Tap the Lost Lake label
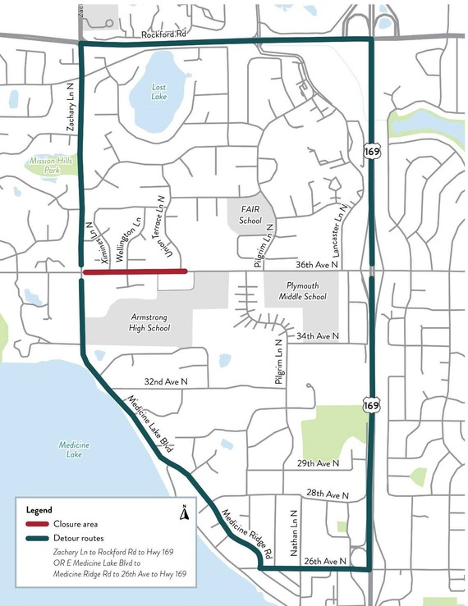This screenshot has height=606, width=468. (158, 91)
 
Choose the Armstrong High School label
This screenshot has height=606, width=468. (138, 321)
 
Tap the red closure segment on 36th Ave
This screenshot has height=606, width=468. (135, 271)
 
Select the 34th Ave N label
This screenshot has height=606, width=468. (317, 337)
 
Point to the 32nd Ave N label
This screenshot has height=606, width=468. (167, 382)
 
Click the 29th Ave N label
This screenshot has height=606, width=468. (318, 463)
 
